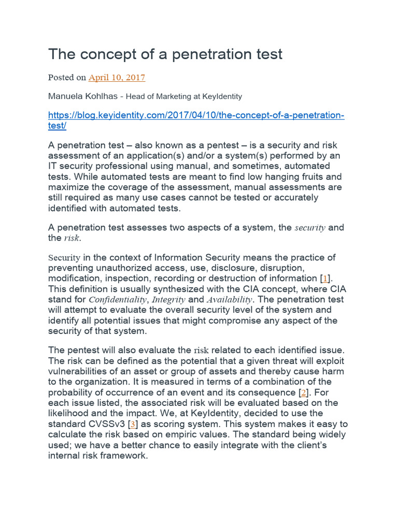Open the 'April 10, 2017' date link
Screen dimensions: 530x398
tap(117, 78)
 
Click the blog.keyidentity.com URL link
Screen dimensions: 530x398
tap(196, 115)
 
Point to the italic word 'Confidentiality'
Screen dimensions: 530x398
tap(118, 300)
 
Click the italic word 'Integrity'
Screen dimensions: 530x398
tap(168, 300)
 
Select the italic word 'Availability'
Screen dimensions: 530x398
tap(229, 300)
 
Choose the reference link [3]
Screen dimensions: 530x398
tap(133, 424)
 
